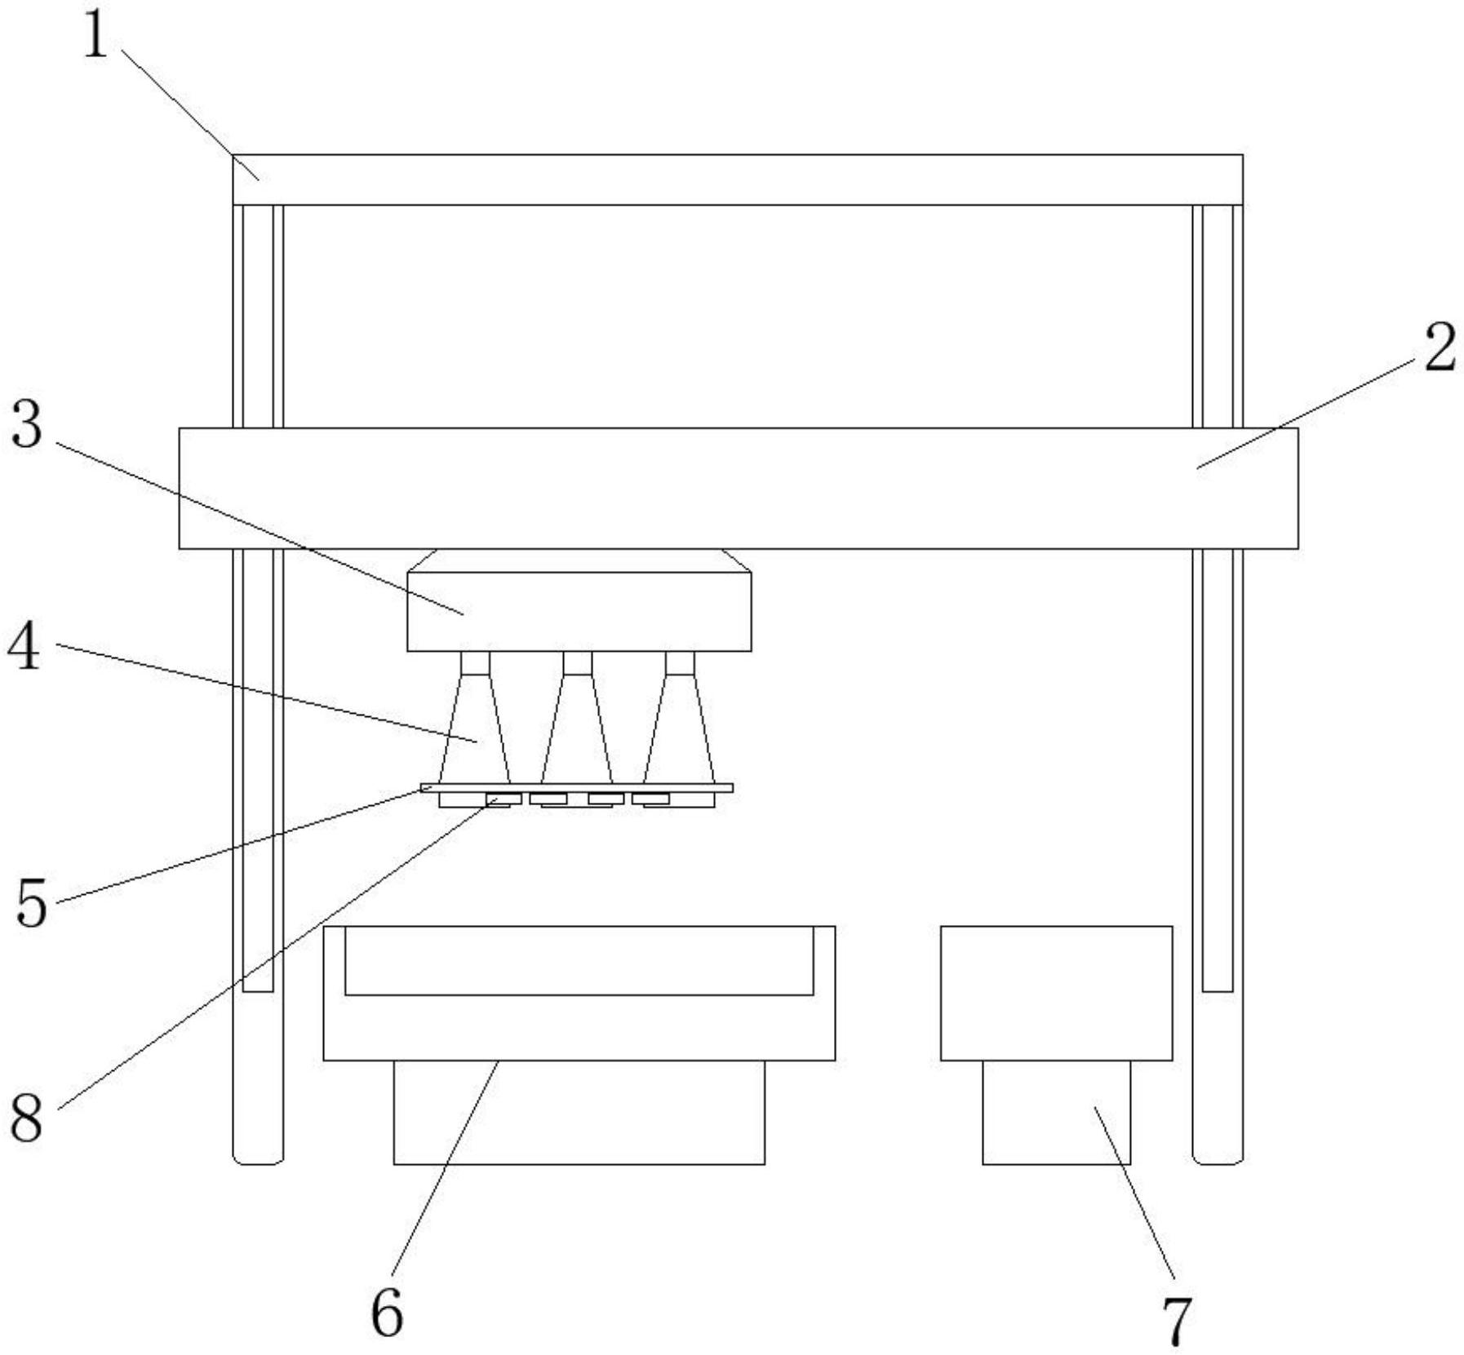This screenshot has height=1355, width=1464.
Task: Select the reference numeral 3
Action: [26, 425]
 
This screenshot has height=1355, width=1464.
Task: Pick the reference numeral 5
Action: [32, 904]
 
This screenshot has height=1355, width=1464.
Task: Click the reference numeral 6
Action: [387, 1313]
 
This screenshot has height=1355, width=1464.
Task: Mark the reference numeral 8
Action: [26, 1118]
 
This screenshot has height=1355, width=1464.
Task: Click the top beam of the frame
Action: [738, 179]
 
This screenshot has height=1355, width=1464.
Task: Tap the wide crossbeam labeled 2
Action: [739, 488]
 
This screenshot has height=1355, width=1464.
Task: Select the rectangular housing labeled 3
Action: [579, 611]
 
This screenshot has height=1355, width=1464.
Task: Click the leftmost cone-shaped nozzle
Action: [475, 718]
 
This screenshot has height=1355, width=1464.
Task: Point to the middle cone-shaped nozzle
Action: [577, 718]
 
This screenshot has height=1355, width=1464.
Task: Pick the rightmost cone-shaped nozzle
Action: [679, 718]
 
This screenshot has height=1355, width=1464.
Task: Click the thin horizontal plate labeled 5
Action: [576, 788]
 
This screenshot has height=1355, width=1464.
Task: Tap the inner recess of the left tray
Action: [579, 960]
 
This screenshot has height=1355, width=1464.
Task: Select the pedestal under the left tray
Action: [579, 1112]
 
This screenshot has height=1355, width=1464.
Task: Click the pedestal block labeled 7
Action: [1057, 1112]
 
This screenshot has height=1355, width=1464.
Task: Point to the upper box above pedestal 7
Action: [1057, 993]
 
